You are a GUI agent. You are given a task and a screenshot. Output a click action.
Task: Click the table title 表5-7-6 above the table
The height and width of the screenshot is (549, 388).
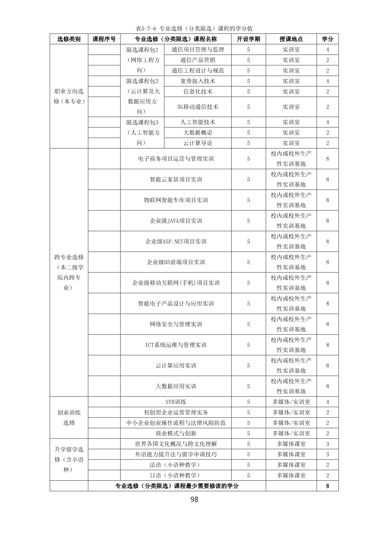click(x=194, y=28)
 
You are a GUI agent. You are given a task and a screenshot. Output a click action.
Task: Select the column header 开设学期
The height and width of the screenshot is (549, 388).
click(x=248, y=39)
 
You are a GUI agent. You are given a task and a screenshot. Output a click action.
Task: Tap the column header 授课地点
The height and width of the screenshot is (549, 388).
click(x=291, y=39)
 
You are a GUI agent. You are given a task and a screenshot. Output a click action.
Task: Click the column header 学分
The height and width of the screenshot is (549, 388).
click(x=327, y=39)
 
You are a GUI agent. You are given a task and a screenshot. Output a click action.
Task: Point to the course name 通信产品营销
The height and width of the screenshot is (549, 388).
click(x=197, y=60)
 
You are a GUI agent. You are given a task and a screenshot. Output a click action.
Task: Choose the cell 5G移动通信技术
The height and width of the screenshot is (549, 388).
click(x=197, y=107)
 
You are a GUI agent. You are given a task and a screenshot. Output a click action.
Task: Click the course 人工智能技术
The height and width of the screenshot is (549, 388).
click(x=197, y=122)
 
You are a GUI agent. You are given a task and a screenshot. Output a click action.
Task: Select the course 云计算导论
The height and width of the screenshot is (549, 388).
click(x=197, y=143)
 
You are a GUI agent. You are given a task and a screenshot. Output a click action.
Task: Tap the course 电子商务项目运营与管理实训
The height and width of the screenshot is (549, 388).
click(x=176, y=159)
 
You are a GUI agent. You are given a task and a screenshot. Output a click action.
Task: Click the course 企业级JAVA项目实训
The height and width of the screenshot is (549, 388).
click(x=176, y=221)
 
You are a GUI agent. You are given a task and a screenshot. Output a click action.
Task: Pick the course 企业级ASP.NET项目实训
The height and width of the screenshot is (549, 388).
click(x=176, y=241)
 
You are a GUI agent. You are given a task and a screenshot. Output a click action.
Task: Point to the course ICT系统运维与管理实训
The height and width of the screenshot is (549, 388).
click(x=176, y=345)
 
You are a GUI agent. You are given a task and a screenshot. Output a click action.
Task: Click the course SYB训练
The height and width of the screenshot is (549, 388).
click(x=176, y=402)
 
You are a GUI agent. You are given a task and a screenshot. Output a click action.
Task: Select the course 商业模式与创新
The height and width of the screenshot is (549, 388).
click(x=176, y=433)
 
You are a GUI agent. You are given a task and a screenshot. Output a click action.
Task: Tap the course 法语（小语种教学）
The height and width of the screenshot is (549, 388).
click(x=176, y=465)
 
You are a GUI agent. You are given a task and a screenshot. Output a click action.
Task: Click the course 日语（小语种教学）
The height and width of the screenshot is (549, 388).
click(x=176, y=475)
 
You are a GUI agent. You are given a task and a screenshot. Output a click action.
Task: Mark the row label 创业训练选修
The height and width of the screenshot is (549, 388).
click(x=69, y=417)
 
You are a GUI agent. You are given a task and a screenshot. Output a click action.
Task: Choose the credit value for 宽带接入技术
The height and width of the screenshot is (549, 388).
click(x=328, y=81)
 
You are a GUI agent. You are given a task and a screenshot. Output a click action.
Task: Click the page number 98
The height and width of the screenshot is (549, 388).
click(x=194, y=500)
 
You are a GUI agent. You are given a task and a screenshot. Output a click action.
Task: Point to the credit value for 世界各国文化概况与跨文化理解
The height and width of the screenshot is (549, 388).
click(x=328, y=444)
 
